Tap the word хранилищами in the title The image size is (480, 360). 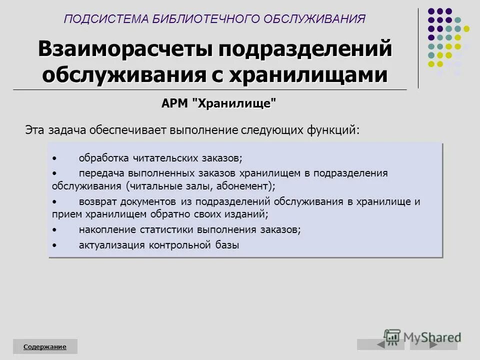308,74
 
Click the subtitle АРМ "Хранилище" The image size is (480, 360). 218,103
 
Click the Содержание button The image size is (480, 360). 45,346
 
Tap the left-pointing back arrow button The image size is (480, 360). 381,344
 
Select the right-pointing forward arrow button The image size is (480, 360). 433,344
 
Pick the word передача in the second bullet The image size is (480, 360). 101,173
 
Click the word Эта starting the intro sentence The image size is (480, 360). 35,130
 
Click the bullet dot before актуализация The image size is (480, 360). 54,245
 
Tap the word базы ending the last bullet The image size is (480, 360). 229,245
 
